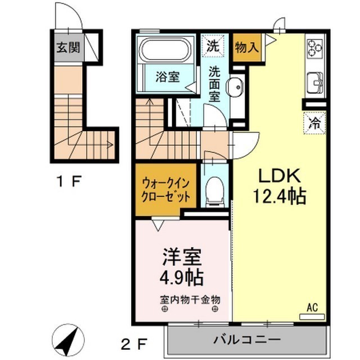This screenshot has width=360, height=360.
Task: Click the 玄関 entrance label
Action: point(67,47)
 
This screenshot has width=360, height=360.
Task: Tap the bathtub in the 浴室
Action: point(166,50)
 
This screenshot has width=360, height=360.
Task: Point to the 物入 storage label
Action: point(246,47)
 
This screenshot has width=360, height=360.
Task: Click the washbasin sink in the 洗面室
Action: point(235,88)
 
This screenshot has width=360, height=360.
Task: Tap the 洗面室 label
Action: point(214,83)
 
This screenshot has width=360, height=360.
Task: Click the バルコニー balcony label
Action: point(247,340)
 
